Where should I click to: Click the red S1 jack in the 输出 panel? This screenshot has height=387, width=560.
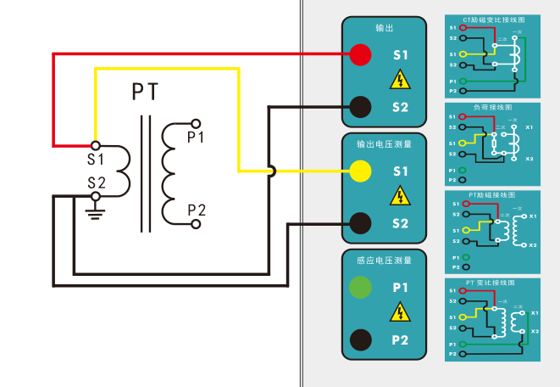(x=360, y=55)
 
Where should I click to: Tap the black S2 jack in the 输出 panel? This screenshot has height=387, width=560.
(x=360, y=107)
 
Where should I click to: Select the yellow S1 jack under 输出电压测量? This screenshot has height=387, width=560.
(x=360, y=171)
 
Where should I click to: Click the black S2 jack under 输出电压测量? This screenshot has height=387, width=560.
(x=360, y=223)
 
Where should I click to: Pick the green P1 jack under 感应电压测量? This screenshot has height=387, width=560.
(x=360, y=287)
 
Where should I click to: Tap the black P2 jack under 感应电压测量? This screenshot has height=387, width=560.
(x=360, y=339)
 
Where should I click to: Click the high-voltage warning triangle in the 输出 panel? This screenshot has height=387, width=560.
(x=399, y=81)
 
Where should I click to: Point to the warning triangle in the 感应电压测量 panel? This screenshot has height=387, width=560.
(x=399, y=314)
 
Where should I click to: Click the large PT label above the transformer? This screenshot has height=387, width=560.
(x=146, y=92)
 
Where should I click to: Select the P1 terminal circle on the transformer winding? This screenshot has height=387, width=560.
(x=196, y=123)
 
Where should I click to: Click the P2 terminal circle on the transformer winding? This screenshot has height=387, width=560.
(x=196, y=224)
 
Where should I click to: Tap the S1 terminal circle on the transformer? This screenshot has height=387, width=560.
(x=95, y=146)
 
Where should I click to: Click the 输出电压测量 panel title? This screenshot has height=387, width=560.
(x=385, y=144)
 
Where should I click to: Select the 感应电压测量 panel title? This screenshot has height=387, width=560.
(x=385, y=261)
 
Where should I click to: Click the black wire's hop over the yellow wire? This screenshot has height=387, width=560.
(x=270, y=171)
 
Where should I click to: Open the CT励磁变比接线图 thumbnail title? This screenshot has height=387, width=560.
(x=492, y=19)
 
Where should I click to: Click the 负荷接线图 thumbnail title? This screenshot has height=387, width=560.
(x=492, y=108)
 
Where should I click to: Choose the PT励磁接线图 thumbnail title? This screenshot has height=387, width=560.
(x=492, y=194)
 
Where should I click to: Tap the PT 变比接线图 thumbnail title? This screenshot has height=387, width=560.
(x=492, y=282)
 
